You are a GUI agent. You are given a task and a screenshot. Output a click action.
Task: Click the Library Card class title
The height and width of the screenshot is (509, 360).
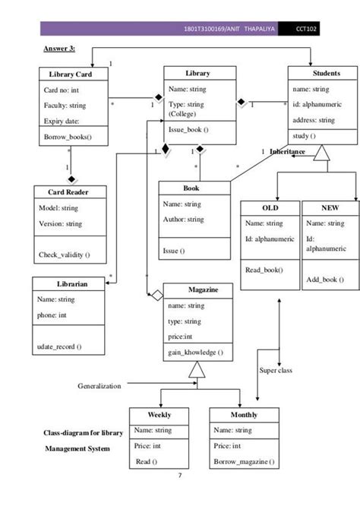pyautogui.click(x=71, y=74)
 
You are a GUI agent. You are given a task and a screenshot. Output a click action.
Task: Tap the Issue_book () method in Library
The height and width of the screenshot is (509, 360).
pyautogui.click(x=188, y=131)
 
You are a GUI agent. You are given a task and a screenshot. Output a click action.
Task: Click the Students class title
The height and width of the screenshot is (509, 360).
pyautogui.click(x=326, y=74)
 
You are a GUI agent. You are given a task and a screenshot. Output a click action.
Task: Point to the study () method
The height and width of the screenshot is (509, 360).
pyautogui.click(x=305, y=135)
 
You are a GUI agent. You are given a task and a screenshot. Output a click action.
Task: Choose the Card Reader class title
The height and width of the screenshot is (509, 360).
pyautogui.click(x=67, y=192)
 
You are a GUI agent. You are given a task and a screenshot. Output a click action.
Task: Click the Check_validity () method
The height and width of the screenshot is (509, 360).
pyautogui.click(x=64, y=254)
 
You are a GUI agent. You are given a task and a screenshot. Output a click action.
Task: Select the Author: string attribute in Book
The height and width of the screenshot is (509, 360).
pyautogui.click(x=184, y=220)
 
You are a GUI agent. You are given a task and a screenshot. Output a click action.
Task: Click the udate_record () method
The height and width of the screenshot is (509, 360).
pyautogui.click(x=60, y=346)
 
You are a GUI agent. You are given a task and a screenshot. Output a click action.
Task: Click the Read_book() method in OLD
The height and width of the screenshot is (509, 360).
pyautogui.click(x=264, y=270)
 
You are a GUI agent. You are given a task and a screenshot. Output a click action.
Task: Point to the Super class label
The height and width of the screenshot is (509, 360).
pyautogui.click(x=276, y=370)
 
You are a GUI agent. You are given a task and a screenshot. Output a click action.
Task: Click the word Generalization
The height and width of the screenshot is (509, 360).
pyautogui.click(x=99, y=386)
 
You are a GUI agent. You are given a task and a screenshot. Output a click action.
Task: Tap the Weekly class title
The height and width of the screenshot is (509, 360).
pyautogui.click(x=159, y=415)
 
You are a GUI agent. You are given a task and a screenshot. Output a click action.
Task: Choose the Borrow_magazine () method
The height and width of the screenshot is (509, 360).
pyautogui.click(x=244, y=462)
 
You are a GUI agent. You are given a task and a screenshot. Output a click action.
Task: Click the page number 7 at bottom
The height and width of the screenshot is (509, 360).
pyautogui.click(x=179, y=476)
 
